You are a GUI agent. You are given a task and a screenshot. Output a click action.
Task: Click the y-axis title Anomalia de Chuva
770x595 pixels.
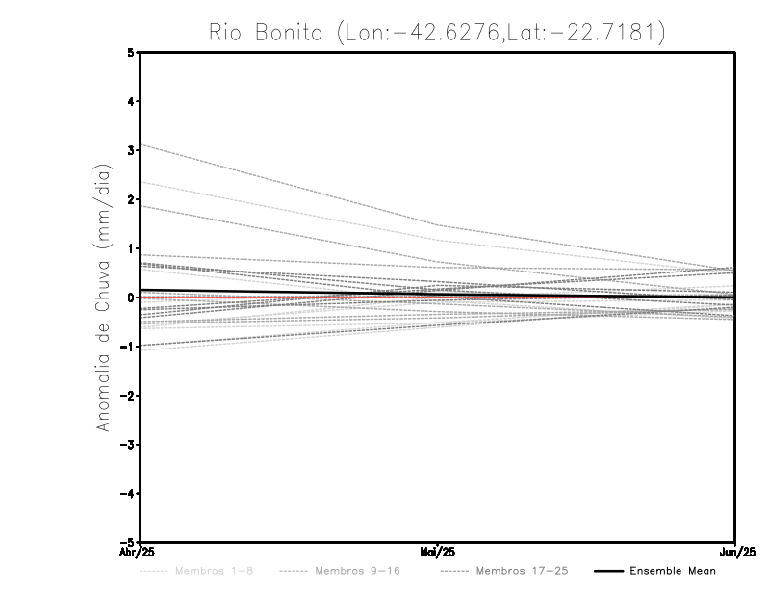click(103, 297)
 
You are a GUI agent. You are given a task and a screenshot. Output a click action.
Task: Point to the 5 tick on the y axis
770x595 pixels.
click(131, 53)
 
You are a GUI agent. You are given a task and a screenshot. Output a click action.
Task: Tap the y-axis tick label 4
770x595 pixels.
click(131, 101)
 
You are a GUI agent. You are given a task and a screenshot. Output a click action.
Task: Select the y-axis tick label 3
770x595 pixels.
click(131, 150)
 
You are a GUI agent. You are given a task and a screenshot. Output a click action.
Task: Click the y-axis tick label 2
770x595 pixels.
click(131, 199)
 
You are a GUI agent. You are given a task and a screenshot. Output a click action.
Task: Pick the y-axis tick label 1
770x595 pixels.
click(131, 248)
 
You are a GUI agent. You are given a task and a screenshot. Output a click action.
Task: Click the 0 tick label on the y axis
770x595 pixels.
click(131, 297)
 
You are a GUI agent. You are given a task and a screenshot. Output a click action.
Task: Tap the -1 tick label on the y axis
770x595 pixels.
click(128, 347)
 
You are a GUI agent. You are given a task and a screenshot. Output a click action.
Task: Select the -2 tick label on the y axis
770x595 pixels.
click(128, 396)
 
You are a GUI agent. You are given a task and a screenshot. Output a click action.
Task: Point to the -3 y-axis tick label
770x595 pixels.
click(128, 445)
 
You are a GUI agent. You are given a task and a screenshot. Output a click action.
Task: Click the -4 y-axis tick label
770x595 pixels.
click(128, 493)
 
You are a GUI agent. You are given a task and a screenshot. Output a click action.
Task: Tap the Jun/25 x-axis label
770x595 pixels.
click(735, 553)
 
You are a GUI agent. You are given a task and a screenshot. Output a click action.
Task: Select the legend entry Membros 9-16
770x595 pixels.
click(357, 571)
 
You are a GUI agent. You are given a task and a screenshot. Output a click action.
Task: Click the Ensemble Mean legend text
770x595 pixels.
click(673, 571)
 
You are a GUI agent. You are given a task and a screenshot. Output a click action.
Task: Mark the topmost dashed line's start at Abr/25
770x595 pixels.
click(141, 144)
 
